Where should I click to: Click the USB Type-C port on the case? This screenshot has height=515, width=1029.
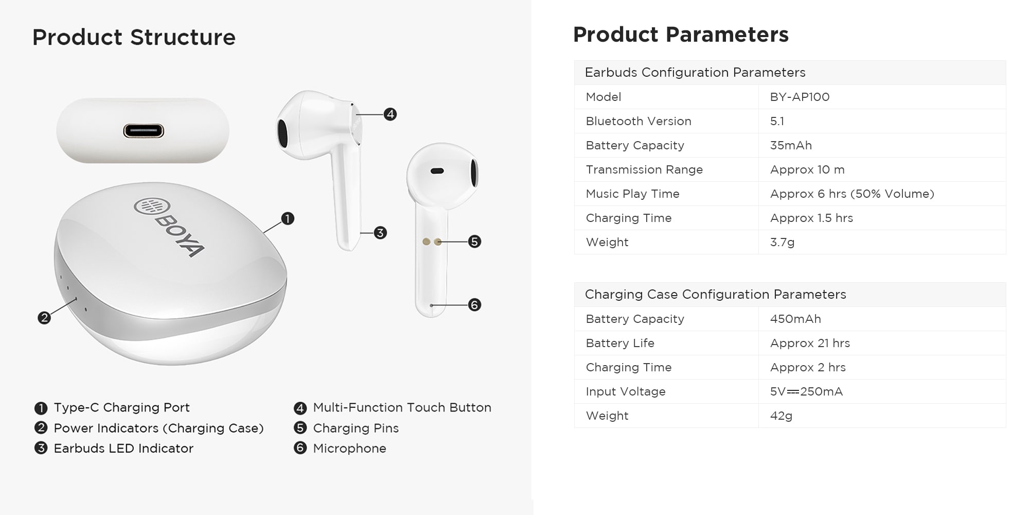coord(144,131)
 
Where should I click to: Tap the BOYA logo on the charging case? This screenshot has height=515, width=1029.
coord(169,227)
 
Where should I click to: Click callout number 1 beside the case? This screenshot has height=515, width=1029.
coord(288,219)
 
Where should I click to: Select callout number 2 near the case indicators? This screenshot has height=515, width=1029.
coord(44,318)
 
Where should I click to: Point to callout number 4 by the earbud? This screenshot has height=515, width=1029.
coord(390,114)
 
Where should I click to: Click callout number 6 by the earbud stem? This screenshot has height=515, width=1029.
coord(474,305)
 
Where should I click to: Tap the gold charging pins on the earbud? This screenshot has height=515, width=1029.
coord(432,242)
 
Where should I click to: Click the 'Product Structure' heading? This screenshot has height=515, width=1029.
coord(134,37)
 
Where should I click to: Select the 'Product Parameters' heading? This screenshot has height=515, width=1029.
coord(681,35)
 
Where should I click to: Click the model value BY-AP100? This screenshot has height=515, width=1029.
coord(800,97)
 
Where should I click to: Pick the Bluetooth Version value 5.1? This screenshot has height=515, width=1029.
coord(777,121)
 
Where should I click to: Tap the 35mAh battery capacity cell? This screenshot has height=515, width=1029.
coord(791,145)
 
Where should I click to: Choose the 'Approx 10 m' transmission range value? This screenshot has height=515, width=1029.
coord(807,169)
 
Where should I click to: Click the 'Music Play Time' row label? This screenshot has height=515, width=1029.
coord(632,194)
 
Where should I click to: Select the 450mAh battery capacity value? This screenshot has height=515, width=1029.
coord(795,319)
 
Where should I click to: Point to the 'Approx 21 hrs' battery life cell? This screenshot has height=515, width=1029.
coord(810,343)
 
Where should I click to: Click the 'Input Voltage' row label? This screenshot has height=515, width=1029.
coord(626,391)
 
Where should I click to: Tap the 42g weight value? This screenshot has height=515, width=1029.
coord(781,416)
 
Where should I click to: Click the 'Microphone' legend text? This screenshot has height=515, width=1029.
coord(349,449)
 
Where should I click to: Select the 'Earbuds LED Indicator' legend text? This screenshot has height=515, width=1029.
coord(123,449)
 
